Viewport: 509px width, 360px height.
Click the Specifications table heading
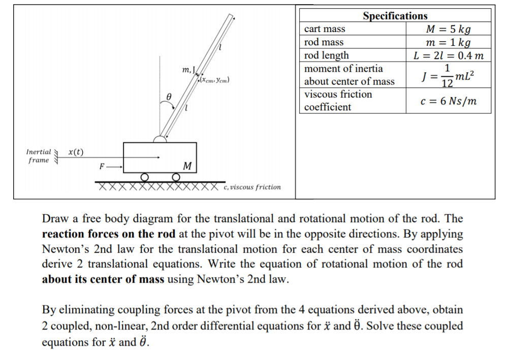(x=395, y=16)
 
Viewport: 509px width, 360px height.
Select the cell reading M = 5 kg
(x=448, y=29)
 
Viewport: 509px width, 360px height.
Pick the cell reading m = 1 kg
(x=448, y=42)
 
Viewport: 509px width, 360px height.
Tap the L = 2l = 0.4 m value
(x=448, y=55)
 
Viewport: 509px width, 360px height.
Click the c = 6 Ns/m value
(x=449, y=101)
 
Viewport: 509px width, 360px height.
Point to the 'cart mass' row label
(x=325, y=29)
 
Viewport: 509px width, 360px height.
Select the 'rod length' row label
(x=327, y=55)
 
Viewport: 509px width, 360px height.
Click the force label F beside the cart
(x=102, y=166)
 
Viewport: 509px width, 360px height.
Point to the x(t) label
(x=76, y=152)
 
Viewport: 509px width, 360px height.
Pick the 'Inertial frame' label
(x=39, y=156)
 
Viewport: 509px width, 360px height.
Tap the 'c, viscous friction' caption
(x=252, y=187)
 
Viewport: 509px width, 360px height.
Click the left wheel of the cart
(x=145, y=177)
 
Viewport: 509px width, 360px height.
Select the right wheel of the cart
(x=176, y=177)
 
